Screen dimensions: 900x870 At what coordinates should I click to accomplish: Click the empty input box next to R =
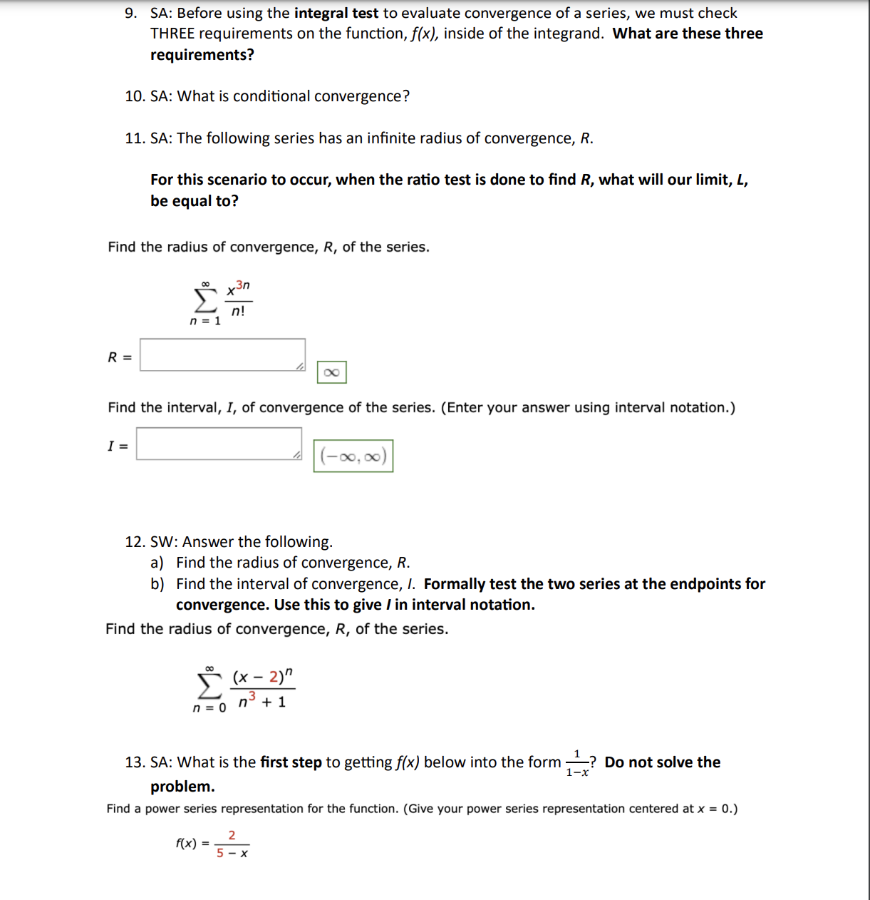click(222, 354)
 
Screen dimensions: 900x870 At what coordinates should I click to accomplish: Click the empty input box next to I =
click(219, 444)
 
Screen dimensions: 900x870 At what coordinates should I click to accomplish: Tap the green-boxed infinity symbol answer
click(331, 372)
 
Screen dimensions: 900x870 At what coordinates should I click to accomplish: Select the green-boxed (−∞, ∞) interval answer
click(353, 456)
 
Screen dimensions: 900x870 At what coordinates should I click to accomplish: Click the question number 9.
click(131, 13)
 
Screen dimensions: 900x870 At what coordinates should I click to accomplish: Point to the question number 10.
click(135, 96)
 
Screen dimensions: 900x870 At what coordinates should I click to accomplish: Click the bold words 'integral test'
click(336, 13)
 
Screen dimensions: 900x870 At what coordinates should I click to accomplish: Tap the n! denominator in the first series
click(238, 311)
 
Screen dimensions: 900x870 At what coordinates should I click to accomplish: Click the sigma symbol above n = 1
click(205, 301)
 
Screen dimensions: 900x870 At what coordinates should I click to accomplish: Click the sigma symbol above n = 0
click(209, 686)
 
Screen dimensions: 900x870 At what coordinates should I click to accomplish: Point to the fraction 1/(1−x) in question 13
click(577, 763)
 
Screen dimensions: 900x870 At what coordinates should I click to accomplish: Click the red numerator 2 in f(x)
click(232, 835)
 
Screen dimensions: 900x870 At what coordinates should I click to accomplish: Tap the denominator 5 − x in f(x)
click(232, 853)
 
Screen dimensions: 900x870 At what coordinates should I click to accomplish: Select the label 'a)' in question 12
click(157, 563)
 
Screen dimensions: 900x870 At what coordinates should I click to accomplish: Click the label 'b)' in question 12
click(157, 584)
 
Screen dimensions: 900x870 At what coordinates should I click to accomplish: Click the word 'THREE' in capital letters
click(172, 34)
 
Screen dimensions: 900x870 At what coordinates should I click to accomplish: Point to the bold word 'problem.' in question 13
click(182, 787)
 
